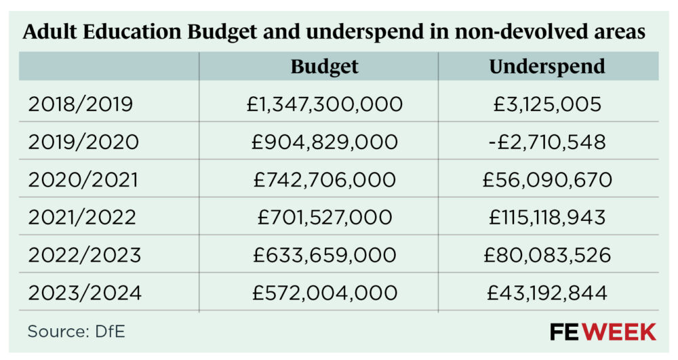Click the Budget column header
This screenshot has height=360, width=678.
click(x=324, y=66)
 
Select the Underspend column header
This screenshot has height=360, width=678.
click(x=546, y=66)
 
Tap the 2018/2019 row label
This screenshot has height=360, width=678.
click(x=81, y=104)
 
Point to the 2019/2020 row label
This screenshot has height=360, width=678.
click(x=83, y=142)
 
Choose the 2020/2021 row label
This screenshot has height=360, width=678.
click(x=83, y=180)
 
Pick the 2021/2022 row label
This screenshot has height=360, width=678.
click(x=82, y=217)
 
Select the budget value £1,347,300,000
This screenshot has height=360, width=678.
click(x=325, y=104)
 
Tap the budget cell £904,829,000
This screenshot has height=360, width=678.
click(x=325, y=142)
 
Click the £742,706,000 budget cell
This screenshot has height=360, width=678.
click(x=325, y=180)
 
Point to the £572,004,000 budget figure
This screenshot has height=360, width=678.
click(x=325, y=292)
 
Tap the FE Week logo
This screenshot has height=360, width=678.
click(x=603, y=332)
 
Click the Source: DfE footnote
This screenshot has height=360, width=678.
click(x=76, y=332)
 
